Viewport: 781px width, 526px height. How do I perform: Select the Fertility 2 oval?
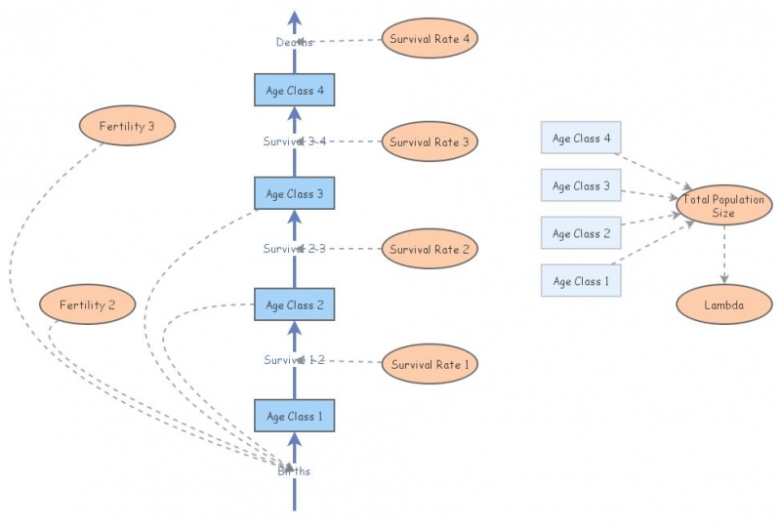(x=87, y=304)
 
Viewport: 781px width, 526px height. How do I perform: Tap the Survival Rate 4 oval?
(x=430, y=39)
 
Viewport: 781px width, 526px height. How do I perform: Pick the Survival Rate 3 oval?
(x=430, y=142)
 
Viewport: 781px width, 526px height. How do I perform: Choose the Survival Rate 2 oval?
(x=430, y=249)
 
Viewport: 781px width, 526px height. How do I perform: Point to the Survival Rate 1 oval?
(x=430, y=365)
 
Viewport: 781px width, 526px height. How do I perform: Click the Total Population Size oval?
(x=723, y=204)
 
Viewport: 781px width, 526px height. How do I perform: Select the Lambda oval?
(x=723, y=304)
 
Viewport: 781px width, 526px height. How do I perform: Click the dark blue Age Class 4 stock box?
(x=294, y=91)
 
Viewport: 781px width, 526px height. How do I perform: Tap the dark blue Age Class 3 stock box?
(x=294, y=193)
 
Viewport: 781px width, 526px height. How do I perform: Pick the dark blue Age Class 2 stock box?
(x=294, y=304)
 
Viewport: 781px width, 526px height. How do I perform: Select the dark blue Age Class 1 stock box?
(x=294, y=417)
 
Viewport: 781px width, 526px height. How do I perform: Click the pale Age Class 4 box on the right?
(x=581, y=139)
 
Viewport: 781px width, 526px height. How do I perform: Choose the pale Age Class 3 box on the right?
(x=581, y=185)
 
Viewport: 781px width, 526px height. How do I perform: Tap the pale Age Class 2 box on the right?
(x=581, y=233)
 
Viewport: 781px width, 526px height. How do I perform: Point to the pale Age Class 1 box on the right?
(x=581, y=281)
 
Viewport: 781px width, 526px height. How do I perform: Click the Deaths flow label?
(x=294, y=42)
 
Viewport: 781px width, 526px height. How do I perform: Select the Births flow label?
(x=294, y=471)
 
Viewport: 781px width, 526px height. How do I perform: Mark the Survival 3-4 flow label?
(x=294, y=142)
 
